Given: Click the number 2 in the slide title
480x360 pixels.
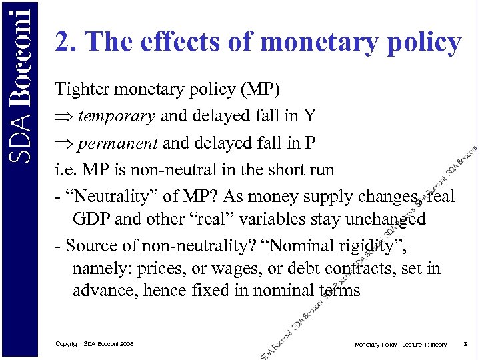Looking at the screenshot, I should point(62,42).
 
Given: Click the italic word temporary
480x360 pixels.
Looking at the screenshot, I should point(117,116).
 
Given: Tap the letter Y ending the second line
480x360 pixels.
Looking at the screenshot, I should point(309,116).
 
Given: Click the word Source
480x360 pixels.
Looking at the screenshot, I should point(90,246).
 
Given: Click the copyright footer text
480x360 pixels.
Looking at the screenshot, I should point(94,344).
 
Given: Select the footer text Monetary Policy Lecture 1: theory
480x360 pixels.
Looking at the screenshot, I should point(401,345).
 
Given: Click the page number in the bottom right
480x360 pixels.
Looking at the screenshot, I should point(465,344).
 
